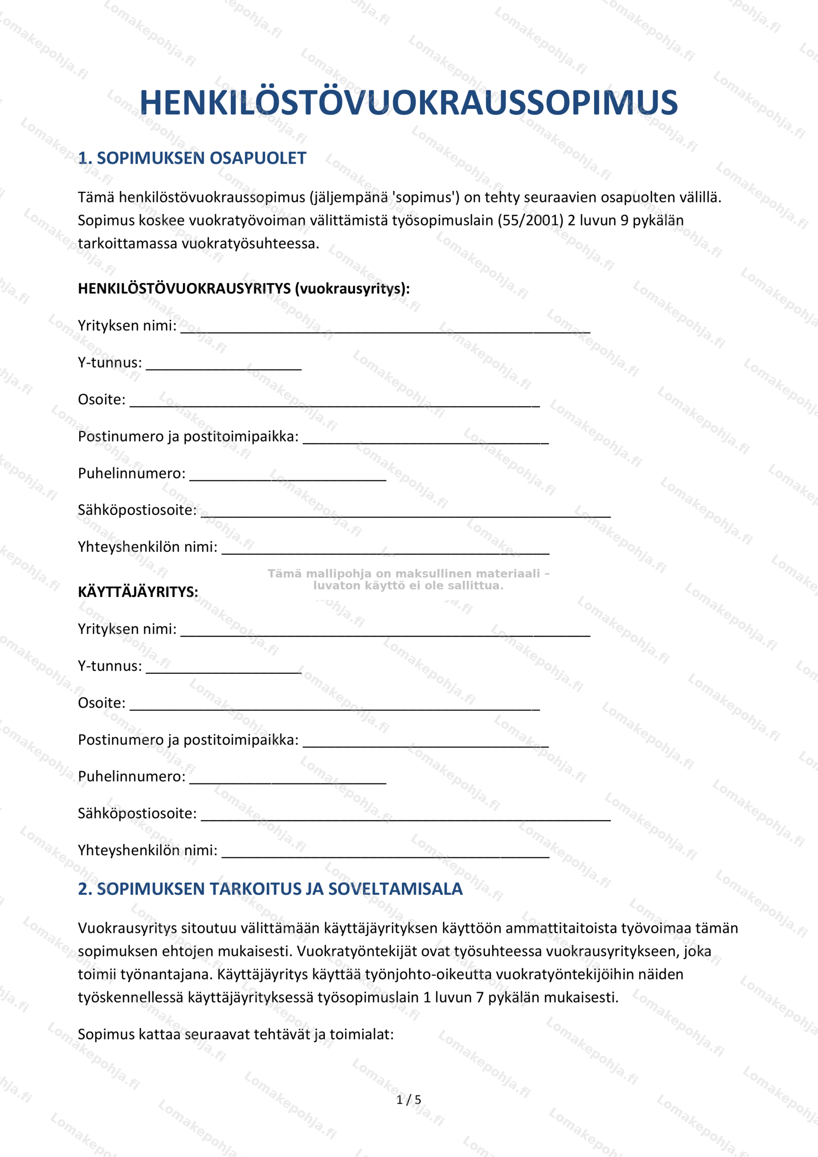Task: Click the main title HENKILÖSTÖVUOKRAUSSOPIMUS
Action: point(408,102)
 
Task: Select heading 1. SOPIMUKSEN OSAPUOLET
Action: point(192,158)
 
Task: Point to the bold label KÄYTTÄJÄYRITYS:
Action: point(138,592)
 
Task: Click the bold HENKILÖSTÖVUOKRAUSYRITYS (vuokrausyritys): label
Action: point(244,288)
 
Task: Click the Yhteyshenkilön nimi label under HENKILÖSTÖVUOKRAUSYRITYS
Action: point(148,547)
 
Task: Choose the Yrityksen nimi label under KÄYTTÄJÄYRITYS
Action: point(127,629)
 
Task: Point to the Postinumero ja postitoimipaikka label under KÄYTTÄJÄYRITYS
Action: point(188,740)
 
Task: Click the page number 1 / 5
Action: point(408,1099)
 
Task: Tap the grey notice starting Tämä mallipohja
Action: point(408,579)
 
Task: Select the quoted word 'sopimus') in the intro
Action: point(425,198)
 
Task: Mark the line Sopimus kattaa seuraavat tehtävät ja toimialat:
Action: point(236,1034)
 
